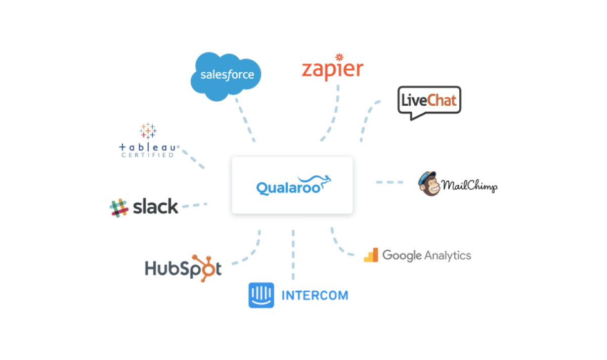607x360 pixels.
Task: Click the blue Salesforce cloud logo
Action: tap(226, 76)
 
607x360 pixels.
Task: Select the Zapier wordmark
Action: tap(332, 71)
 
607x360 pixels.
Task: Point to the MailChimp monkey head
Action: tap(428, 184)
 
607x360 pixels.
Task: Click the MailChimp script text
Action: tap(469, 186)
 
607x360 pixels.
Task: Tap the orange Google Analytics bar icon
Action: tap(371, 255)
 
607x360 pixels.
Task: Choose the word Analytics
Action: tap(448, 255)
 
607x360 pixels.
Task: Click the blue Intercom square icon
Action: tap(261, 295)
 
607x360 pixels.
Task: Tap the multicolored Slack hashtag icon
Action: tap(119, 207)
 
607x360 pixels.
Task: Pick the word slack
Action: tap(155, 207)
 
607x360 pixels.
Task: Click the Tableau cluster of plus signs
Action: tap(148, 131)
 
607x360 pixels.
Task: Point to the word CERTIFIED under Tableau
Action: tap(148, 155)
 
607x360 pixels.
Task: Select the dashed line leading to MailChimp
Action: tap(389, 182)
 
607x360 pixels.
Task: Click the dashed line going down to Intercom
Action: tap(293, 255)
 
